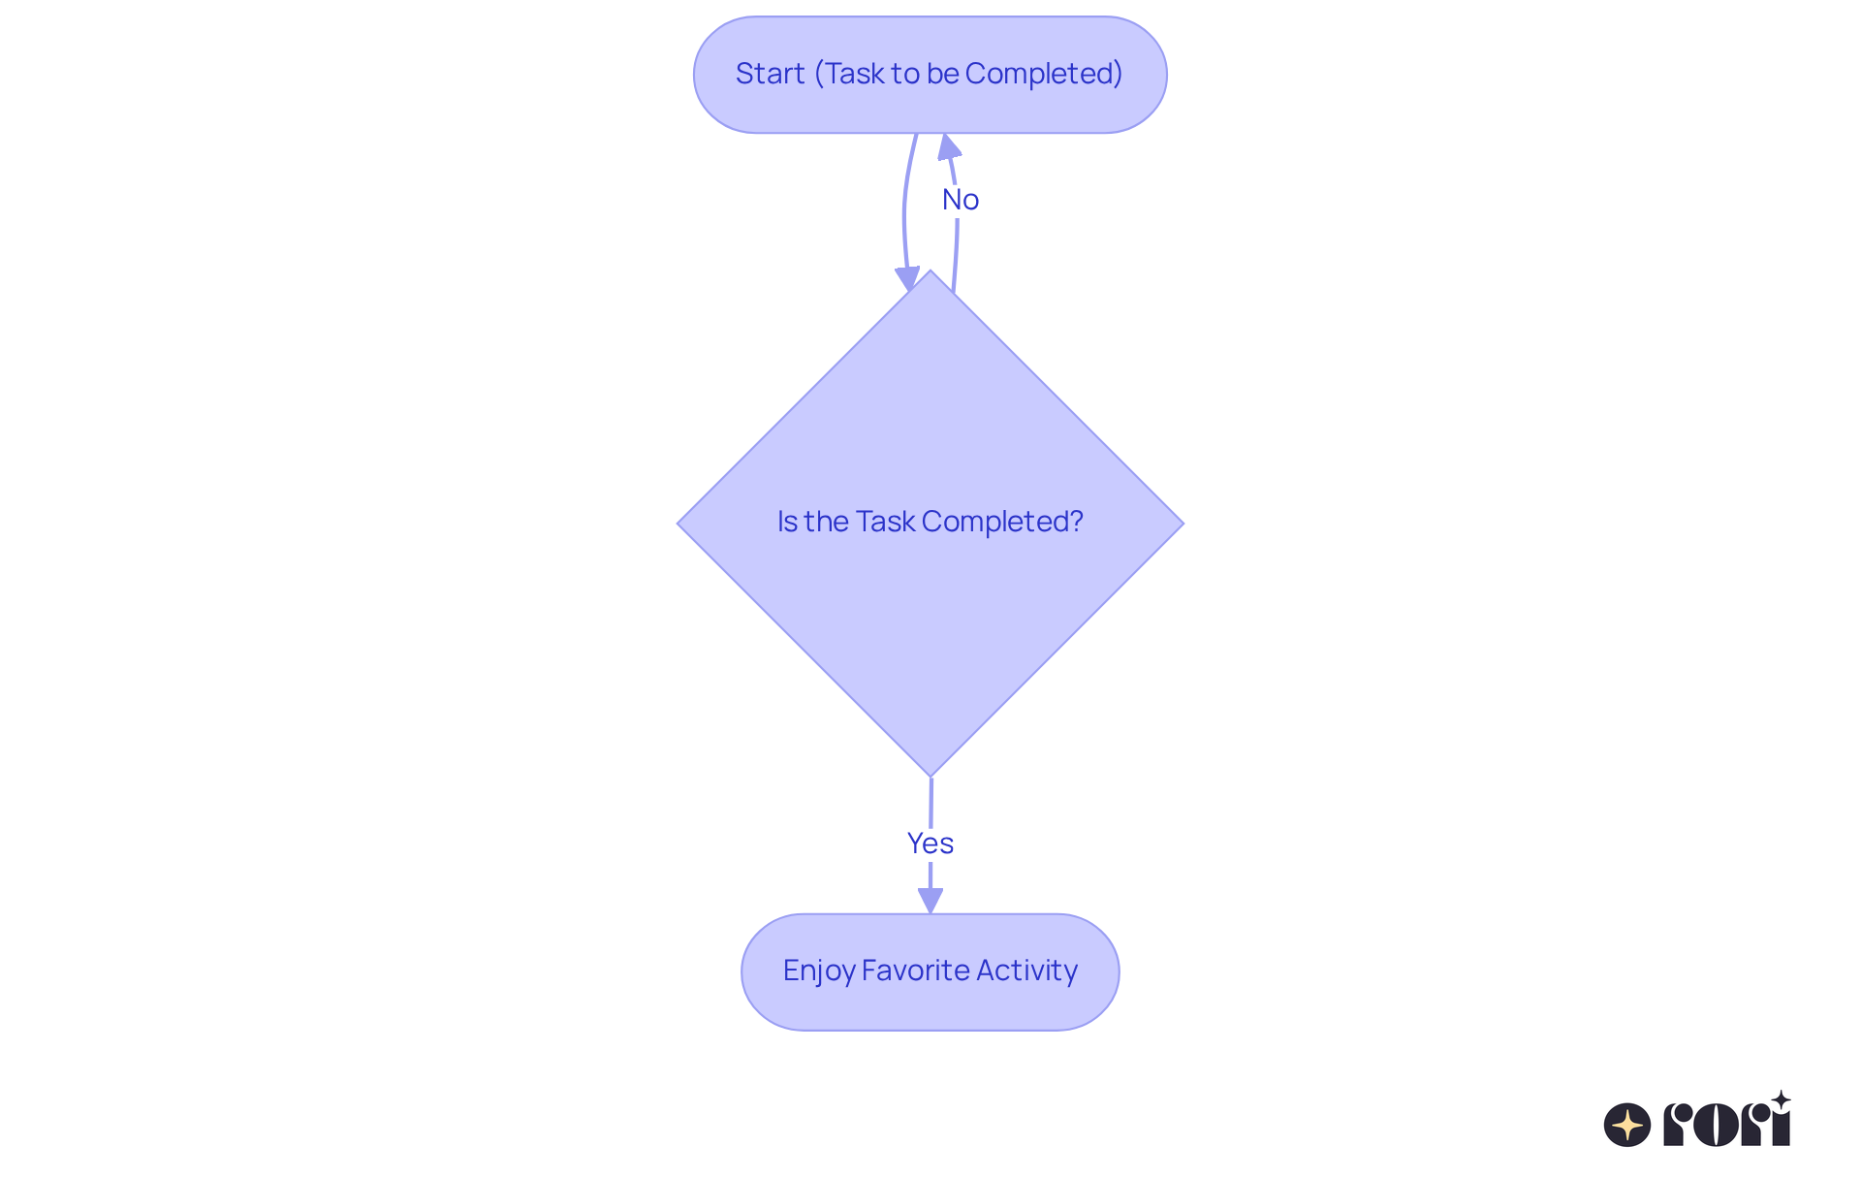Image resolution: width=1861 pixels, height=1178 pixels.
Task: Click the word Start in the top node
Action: click(770, 74)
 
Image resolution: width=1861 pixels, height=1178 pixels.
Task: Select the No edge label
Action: click(960, 200)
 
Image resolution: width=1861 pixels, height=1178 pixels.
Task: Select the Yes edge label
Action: click(930, 844)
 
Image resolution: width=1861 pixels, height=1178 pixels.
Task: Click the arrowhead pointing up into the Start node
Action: click(949, 147)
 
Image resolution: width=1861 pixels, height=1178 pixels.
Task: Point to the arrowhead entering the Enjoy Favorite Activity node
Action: click(930, 900)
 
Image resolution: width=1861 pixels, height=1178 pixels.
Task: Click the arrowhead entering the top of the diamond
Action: click(907, 279)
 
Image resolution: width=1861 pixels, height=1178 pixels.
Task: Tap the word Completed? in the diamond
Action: click(1002, 522)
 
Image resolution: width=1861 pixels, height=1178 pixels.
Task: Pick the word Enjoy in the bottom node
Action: click(818, 971)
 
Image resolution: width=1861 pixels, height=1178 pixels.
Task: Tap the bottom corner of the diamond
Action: click(930, 773)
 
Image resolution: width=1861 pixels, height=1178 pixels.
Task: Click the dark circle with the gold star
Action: click(1627, 1125)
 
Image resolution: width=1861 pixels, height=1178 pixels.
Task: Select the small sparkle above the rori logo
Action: click(1781, 1099)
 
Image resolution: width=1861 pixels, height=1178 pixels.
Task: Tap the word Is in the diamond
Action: click(786, 522)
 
